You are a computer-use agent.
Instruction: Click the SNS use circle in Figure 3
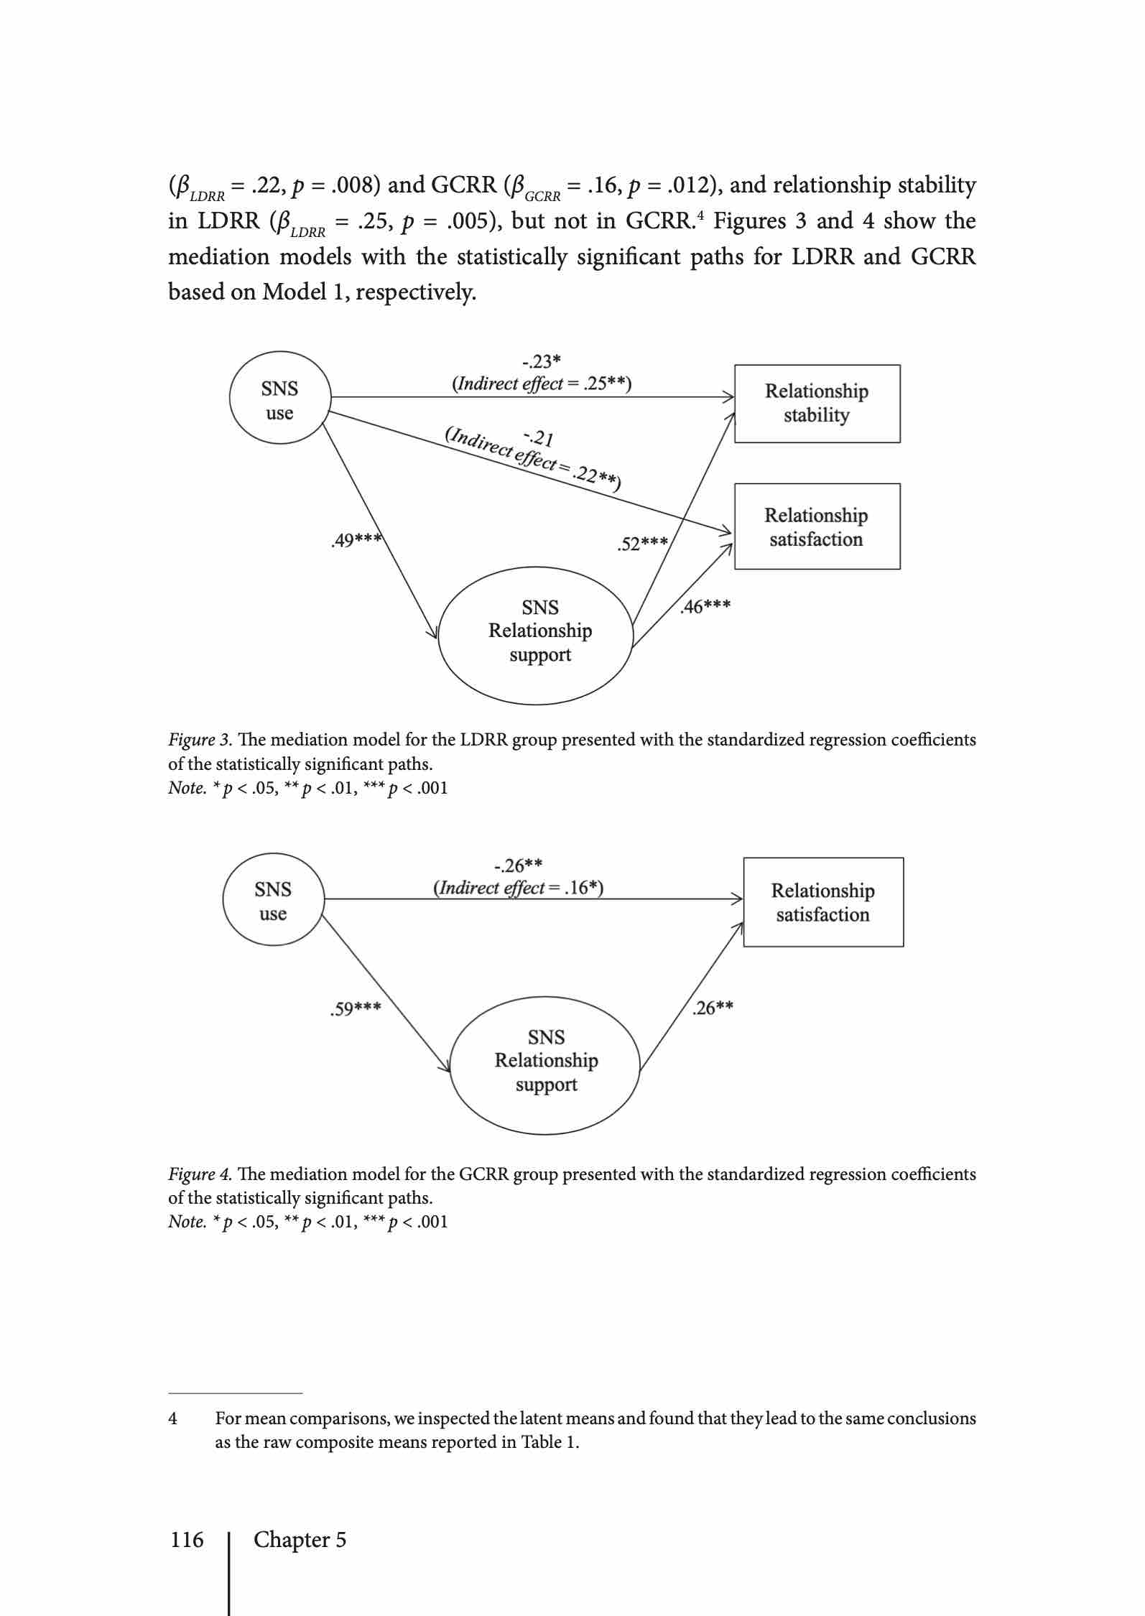(x=279, y=400)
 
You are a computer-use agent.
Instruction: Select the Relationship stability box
(x=817, y=404)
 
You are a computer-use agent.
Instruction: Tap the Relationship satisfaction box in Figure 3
(x=817, y=526)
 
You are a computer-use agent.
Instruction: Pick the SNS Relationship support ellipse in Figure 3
(x=537, y=632)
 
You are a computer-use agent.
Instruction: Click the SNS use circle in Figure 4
(x=273, y=901)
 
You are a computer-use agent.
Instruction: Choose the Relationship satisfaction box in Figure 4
(x=823, y=902)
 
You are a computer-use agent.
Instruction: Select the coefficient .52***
(x=643, y=544)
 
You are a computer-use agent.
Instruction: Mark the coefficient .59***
(x=356, y=1009)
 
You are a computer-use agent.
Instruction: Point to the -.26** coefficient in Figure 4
(x=519, y=865)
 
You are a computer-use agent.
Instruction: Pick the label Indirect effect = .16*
(x=519, y=888)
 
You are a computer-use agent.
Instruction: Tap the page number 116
(x=187, y=1540)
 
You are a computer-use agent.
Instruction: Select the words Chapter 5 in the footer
(x=300, y=1540)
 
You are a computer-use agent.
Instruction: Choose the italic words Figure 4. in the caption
(x=200, y=1174)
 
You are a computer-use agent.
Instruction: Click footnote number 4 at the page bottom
(x=172, y=1418)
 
